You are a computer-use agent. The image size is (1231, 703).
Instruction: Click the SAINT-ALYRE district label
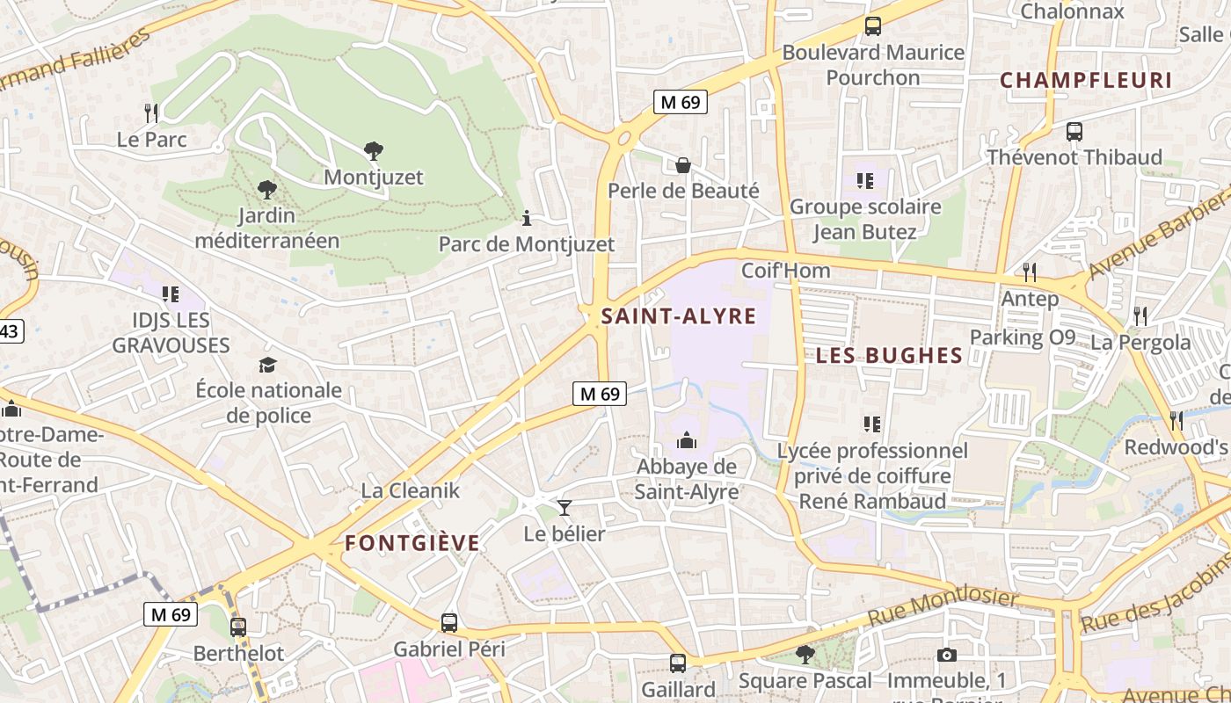coord(678,316)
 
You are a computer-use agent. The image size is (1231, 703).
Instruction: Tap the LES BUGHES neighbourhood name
coord(889,355)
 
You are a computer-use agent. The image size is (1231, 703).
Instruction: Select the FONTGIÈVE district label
coord(412,543)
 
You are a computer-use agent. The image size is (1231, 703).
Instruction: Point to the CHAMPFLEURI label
coord(1086,81)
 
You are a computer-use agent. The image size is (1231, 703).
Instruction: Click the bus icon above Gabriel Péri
coord(449,623)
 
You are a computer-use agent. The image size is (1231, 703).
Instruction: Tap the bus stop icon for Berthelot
coord(238,627)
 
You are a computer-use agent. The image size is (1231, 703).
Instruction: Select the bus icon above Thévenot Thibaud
coord(1074,132)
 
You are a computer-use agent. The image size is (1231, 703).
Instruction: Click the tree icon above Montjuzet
coord(374,151)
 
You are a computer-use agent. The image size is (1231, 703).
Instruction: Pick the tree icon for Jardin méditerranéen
coord(266,189)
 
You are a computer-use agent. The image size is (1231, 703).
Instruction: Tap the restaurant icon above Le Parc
coord(151,112)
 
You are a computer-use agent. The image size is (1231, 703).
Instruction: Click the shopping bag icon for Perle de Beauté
coord(682,165)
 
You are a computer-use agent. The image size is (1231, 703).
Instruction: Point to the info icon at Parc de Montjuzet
coord(527,218)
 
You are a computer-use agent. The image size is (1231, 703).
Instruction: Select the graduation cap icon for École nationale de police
coord(267,364)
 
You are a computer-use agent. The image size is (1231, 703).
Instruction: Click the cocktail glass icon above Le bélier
coord(564,508)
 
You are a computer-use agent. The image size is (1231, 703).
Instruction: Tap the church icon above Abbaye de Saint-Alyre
coord(687,440)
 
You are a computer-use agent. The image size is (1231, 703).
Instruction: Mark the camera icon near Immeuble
coord(946,655)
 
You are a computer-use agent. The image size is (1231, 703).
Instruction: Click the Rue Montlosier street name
coord(943,607)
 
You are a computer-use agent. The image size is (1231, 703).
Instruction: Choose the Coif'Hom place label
coord(785,271)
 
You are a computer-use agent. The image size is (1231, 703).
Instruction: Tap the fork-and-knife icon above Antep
coord(1030,272)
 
